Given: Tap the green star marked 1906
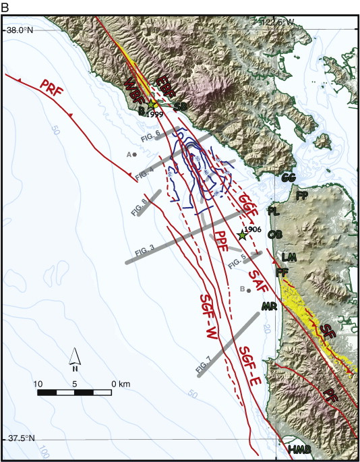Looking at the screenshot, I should click(242, 235).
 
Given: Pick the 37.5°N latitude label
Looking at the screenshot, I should click(21, 438).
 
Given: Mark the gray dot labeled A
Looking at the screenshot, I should click(135, 154).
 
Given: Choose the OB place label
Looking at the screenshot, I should click(275, 234).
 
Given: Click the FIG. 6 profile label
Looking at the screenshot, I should click(150, 135).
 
